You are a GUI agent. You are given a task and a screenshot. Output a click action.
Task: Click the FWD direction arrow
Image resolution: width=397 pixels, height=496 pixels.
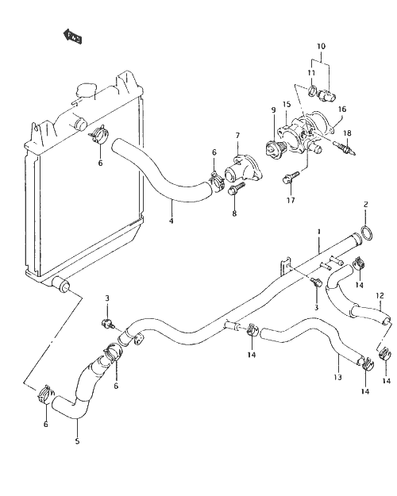(x=73, y=37)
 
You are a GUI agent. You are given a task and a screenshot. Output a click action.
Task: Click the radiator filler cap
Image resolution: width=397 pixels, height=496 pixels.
(x=85, y=90)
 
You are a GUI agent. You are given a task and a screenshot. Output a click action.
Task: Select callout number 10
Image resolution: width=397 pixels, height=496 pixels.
(x=321, y=46)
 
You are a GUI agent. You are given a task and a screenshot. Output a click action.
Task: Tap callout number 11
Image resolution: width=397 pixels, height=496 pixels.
(x=311, y=73)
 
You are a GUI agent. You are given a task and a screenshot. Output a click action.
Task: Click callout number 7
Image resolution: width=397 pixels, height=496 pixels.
(x=237, y=136)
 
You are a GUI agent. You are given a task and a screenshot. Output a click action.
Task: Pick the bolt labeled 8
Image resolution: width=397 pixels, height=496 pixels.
(x=235, y=189)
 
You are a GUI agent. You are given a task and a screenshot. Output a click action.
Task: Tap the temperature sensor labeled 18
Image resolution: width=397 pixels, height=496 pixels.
(x=345, y=148)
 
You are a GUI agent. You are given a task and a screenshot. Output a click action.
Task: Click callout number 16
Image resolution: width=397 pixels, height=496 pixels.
(x=342, y=110)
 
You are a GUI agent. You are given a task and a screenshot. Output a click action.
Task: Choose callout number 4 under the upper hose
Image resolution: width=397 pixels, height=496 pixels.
(x=172, y=221)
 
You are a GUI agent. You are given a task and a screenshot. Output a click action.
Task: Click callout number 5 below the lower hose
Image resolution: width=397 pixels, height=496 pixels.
(x=78, y=441)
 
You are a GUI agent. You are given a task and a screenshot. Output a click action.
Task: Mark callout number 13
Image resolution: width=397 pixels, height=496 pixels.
(x=337, y=377)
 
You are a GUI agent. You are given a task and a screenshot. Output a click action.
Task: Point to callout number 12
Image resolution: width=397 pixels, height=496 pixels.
(x=380, y=296)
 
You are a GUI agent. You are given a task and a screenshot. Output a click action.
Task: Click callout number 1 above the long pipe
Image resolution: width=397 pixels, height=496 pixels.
(x=319, y=232)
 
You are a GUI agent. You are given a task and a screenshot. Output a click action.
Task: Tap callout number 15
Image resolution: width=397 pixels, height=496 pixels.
(x=287, y=104)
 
